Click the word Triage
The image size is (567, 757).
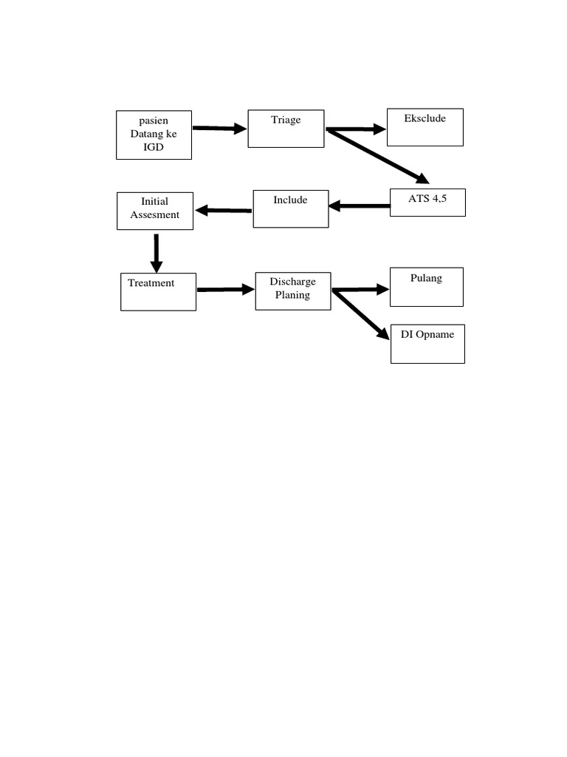(x=286, y=120)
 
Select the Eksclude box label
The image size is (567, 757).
(x=425, y=118)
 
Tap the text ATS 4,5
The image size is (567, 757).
(x=427, y=198)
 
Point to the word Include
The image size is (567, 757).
(x=290, y=200)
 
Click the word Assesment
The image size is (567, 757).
(x=155, y=215)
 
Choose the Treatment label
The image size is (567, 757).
(x=151, y=283)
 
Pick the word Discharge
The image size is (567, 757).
(x=292, y=282)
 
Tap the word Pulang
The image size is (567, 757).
(x=426, y=278)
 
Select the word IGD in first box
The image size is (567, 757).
(x=154, y=147)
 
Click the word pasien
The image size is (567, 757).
(x=154, y=121)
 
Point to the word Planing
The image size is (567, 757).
(x=292, y=295)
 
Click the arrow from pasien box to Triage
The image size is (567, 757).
(x=219, y=129)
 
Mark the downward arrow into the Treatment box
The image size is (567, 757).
(x=157, y=253)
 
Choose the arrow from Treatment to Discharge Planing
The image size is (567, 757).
(x=225, y=290)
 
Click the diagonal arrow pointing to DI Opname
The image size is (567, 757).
(x=361, y=314)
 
